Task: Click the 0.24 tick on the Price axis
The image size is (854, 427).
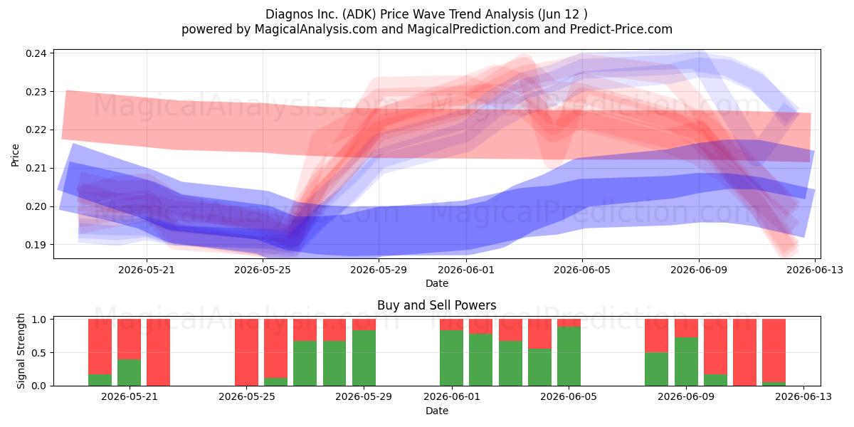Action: (x=36, y=53)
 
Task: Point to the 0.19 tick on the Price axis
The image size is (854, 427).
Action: (x=36, y=245)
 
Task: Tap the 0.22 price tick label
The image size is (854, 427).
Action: (x=36, y=130)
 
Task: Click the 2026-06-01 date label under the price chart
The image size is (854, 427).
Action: (x=466, y=270)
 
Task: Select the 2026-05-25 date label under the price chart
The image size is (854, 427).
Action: (x=263, y=270)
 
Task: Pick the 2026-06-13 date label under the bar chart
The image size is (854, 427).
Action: (x=803, y=397)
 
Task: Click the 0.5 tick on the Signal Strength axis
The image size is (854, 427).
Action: (x=39, y=353)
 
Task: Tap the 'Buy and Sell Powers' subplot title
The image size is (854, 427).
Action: (x=437, y=305)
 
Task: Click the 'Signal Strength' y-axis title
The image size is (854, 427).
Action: (x=21, y=351)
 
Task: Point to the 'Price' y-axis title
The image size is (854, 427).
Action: (x=15, y=155)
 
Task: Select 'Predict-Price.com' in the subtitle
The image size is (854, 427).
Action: (x=621, y=29)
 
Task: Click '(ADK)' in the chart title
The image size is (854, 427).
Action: (x=359, y=14)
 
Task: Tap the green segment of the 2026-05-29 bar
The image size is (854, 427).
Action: (x=364, y=358)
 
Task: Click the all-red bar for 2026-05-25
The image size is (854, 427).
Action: (x=247, y=353)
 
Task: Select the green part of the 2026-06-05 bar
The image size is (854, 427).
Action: (x=569, y=356)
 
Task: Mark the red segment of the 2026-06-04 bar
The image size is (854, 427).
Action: (x=539, y=334)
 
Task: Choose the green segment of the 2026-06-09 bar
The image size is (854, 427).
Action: (x=686, y=362)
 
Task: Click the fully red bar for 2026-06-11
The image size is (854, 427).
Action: (x=744, y=353)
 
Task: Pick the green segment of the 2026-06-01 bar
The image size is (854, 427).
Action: (x=451, y=358)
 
